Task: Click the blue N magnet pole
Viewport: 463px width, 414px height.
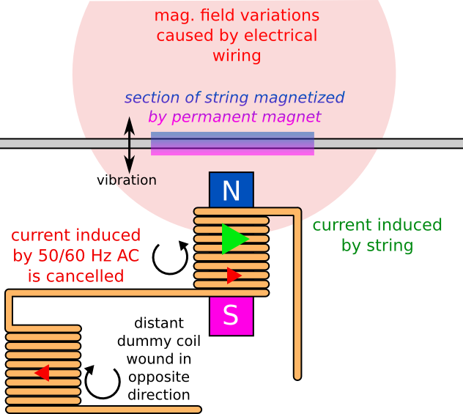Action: point(231,190)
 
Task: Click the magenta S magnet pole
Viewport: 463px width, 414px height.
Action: point(231,315)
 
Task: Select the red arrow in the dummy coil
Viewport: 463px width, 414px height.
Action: point(42,373)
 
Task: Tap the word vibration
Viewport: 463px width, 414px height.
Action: point(126,180)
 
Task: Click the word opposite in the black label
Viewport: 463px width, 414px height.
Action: point(158,377)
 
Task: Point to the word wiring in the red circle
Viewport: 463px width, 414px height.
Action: point(235,55)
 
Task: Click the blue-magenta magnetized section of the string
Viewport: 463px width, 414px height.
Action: point(232,144)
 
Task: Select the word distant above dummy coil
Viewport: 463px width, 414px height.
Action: point(159,322)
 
